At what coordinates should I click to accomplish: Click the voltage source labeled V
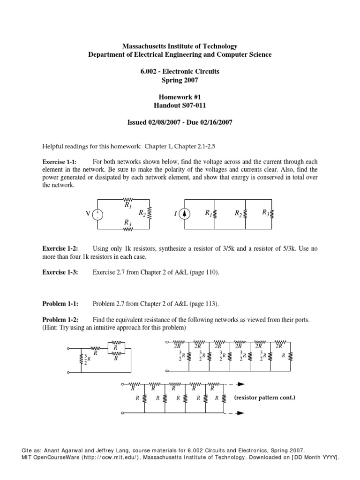98,214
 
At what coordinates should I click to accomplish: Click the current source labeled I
185,214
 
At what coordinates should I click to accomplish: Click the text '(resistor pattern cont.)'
265,397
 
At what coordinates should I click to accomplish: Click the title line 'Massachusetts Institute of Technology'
180,46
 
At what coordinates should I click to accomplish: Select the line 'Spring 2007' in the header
180,80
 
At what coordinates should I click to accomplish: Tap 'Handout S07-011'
180,105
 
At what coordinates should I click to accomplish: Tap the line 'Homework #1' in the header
180,97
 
